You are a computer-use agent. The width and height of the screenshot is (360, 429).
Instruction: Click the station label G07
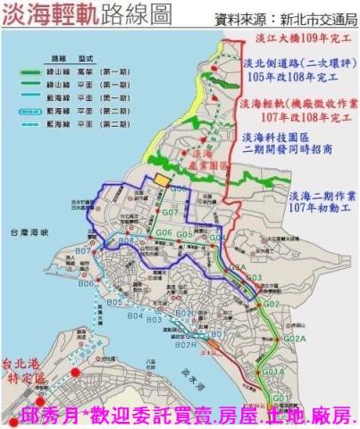tap(171, 213)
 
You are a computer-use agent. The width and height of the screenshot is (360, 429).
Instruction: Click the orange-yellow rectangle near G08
tap(161, 180)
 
